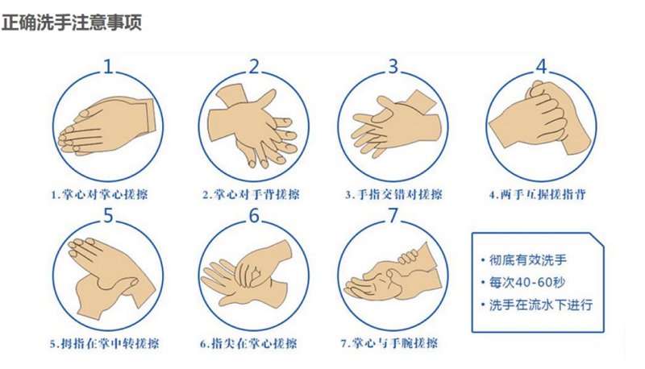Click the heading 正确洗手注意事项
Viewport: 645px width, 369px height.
coord(72,23)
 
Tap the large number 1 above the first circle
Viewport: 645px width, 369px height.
coord(108,67)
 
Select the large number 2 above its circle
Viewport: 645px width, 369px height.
coord(255,67)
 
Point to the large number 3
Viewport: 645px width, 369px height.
coord(393,66)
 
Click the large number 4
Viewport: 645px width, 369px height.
coord(542,66)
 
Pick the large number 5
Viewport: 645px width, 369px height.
coord(108,215)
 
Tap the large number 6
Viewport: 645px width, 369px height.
coord(255,215)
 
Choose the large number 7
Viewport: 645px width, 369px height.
coord(393,215)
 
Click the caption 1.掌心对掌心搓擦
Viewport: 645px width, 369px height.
coord(99,194)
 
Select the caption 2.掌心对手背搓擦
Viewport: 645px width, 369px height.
coord(251,194)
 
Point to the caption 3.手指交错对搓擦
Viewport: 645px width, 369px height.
coord(393,194)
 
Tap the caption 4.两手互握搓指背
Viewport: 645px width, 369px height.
coord(537,194)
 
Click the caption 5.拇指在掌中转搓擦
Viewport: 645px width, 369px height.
coord(105,343)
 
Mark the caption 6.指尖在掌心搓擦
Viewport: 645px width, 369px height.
coord(248,343)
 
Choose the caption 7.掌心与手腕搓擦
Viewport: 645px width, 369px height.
coord(389,343)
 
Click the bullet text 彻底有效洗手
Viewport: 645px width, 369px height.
coord(528,259)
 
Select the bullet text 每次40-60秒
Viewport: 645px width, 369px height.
coord(527,282)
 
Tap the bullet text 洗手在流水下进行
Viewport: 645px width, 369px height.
coord(541,305)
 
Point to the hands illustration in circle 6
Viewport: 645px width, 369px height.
coord(248,273)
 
